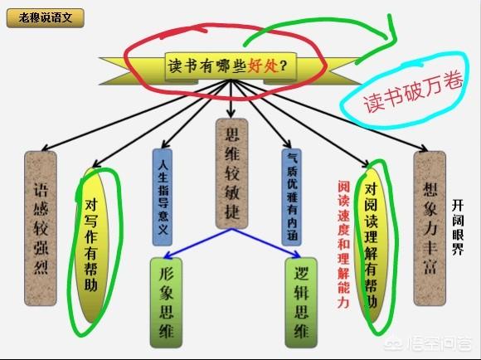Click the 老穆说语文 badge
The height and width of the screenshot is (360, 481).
45,17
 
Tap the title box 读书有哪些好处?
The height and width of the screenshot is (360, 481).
231,66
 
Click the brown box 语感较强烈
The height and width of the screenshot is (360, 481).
41,228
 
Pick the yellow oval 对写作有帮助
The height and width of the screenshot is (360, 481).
92,245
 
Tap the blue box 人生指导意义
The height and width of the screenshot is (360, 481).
163,197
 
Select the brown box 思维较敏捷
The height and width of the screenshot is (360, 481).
231,173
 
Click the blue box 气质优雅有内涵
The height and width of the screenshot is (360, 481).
291,197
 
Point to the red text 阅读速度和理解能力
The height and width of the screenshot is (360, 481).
343,245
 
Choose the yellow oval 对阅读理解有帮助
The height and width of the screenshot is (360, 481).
372,245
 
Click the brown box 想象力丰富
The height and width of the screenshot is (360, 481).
430,228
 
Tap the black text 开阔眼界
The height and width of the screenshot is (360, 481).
458,227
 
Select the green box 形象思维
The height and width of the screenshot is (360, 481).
166,303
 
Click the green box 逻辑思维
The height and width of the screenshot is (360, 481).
301,303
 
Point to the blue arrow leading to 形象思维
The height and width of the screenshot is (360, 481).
198,243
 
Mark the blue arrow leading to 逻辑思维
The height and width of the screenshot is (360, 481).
266,243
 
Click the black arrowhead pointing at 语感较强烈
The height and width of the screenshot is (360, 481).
45,148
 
